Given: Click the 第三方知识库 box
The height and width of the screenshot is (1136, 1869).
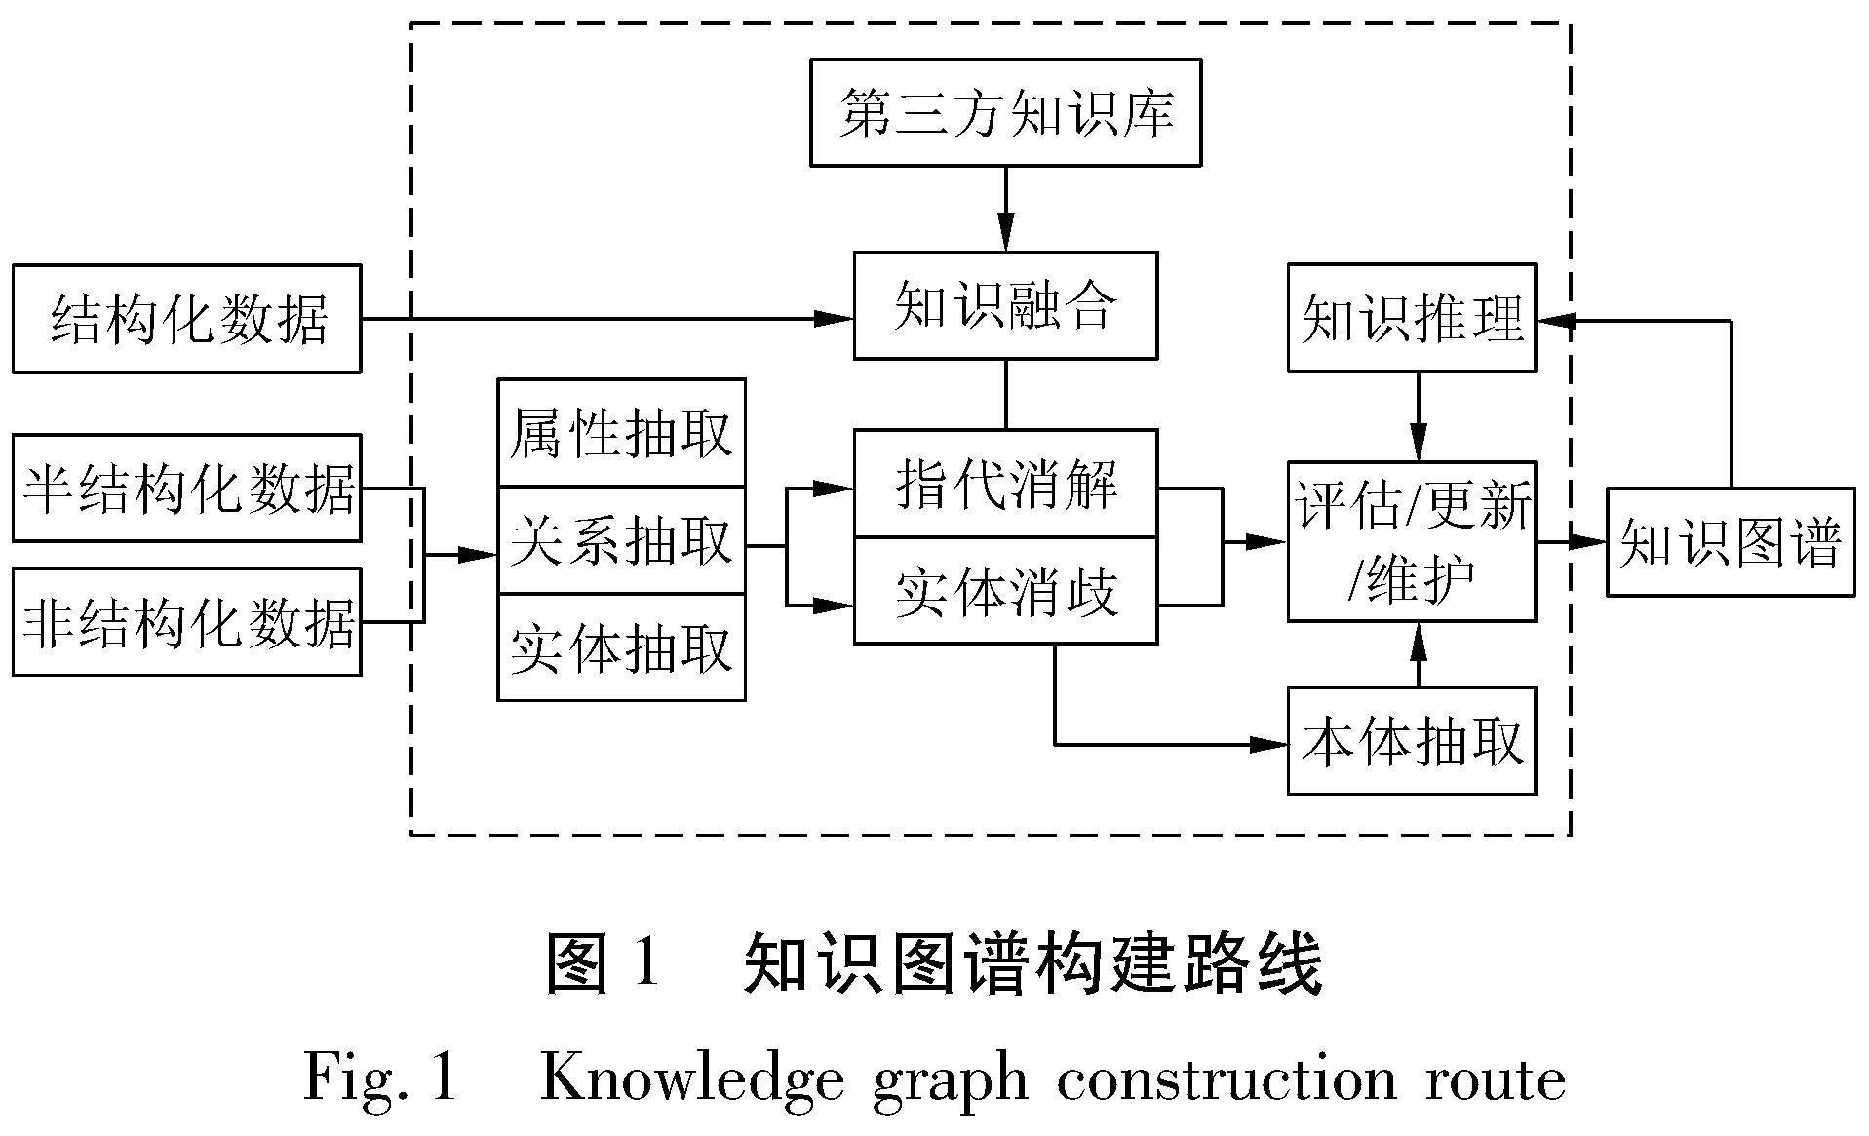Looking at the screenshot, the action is click(1005, 112).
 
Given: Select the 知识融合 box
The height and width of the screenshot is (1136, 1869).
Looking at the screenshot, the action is click(1005, 305).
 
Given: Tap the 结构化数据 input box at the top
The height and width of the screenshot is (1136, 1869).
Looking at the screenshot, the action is click(186, 318).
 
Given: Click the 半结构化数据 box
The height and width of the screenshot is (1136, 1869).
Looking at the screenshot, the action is click(186, 488).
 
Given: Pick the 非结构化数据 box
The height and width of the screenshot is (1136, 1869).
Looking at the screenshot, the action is click(186, 621).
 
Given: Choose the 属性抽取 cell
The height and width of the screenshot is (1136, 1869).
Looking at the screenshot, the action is click(621, 433).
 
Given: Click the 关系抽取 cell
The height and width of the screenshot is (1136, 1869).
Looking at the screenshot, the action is click(621, 540).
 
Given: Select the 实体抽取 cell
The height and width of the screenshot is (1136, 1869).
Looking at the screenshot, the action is click(621, 647).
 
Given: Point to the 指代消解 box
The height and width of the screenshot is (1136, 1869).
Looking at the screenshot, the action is click(1005, 483).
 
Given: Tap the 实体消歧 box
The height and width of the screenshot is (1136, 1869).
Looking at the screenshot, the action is click(1005, 590).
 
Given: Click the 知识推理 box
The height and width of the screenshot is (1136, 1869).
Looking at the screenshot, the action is click(1411, 317).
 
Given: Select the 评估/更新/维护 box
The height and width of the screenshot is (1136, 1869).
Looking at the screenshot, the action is click(1411, 541).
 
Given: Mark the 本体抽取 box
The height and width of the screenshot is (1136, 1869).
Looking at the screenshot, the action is click(1411, 740).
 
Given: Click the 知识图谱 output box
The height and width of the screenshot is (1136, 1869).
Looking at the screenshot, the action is click(1730, 541).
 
